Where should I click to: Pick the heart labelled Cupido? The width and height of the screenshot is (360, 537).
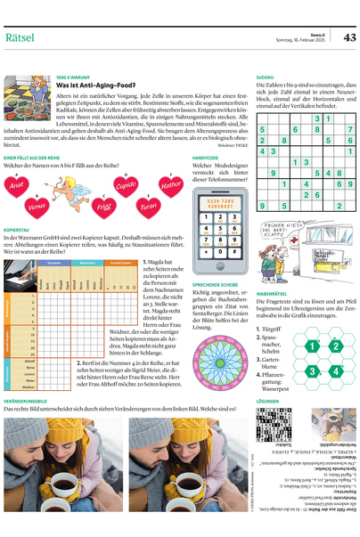[x=127, y=184]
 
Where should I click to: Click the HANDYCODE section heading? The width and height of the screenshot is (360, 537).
[x=206, y=157]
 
